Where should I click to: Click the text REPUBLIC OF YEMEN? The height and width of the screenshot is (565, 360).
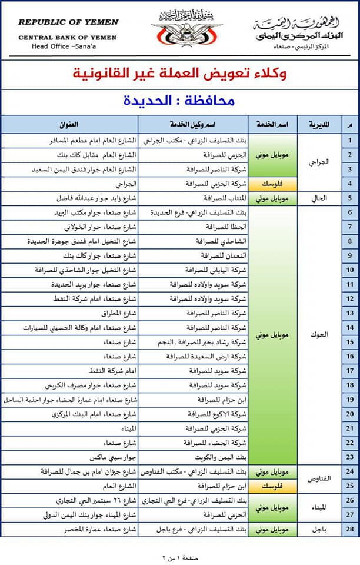pos(68,22)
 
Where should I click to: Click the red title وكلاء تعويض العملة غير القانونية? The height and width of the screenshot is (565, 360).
pos(179,74)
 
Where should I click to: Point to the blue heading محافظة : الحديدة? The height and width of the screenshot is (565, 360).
pos(179,100)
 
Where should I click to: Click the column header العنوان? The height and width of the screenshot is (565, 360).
pos(69,125)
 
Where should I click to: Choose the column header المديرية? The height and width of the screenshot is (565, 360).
pos(319,125)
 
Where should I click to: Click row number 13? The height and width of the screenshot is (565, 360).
pos(350,313)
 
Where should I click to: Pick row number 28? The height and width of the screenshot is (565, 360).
pos(350,529)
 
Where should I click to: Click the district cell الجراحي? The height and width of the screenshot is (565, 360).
pos(319,162)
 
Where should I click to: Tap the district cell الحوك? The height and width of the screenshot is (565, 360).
pos(319,334)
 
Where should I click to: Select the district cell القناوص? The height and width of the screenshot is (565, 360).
pos(319,478)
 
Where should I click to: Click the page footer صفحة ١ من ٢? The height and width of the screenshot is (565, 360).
pos(179,556)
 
